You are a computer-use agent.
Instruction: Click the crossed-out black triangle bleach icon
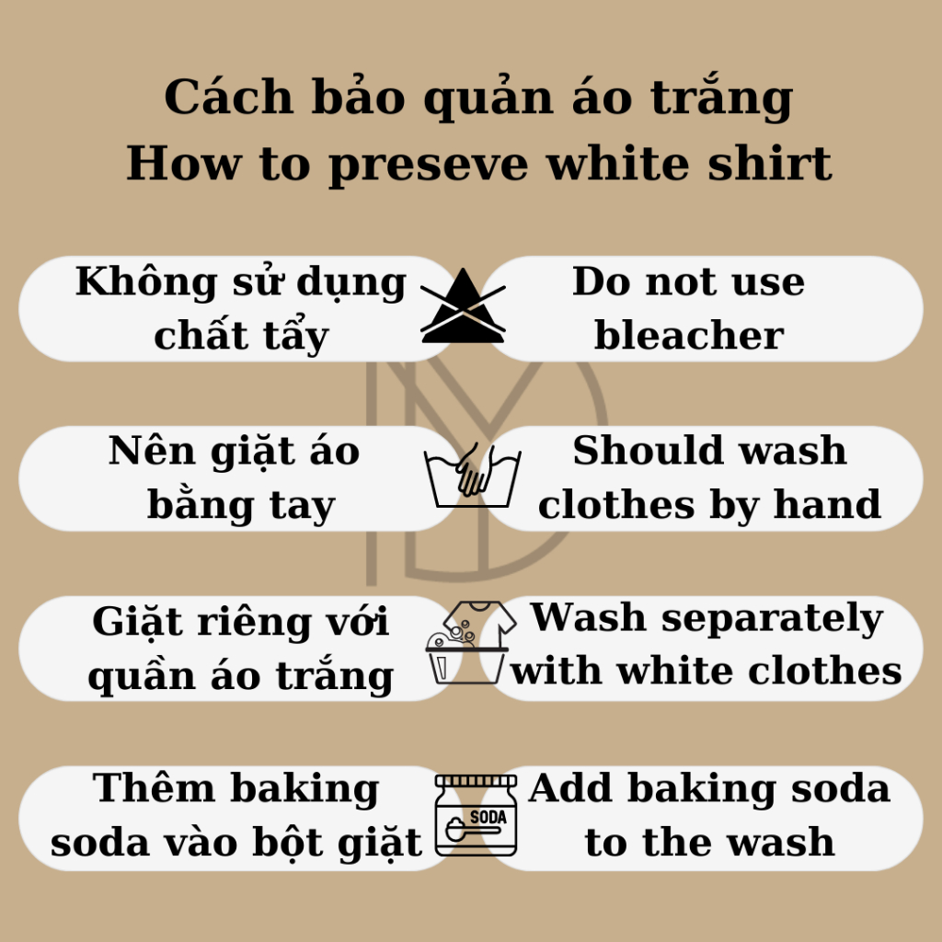(x=463, y=306)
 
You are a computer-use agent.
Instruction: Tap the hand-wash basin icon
(x=472, y=476)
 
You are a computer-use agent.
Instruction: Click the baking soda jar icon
(x=476, y=815)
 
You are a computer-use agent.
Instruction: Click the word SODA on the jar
(x=488, y=817)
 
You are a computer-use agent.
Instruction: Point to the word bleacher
(x=689, y=335)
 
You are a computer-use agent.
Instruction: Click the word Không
(x=146, y=281)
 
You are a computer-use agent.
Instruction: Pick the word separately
(x=772, y=619)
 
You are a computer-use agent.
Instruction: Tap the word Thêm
(x=154, y=787)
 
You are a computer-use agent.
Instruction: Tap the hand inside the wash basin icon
(x=474, y=472)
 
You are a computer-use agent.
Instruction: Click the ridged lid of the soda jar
(x=476, y=782)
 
